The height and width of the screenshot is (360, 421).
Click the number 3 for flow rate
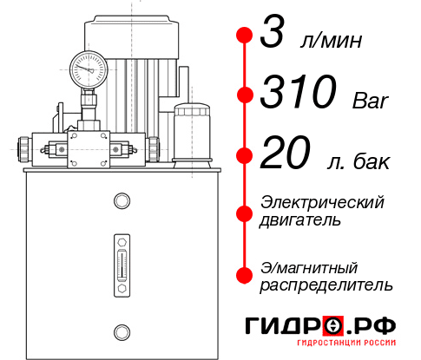pos(273,36)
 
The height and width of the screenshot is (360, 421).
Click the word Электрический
pos(322,201)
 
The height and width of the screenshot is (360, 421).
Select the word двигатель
pos(300,219)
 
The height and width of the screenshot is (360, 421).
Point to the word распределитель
pos(326,285)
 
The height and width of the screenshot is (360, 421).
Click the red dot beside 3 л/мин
pos(243,36)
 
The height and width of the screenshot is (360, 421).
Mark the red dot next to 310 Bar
pos(243,94)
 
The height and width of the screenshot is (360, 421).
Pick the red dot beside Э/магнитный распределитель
pos(243,275)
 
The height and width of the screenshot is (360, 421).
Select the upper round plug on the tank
pos(121,201)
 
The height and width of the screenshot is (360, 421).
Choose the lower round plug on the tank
pos(121,331)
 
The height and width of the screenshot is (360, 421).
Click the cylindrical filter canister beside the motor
pos(191,132)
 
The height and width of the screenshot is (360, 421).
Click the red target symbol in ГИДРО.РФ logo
pos(331,325)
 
